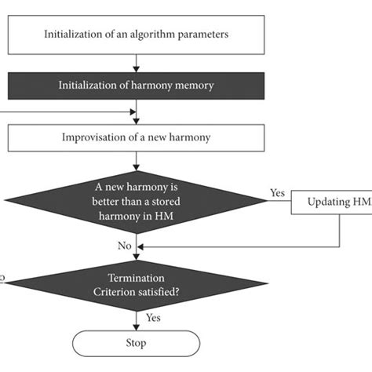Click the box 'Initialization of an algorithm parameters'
point(137,34)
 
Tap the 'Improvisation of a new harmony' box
point(137,137)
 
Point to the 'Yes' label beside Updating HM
point(276,191)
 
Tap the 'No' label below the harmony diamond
point(125,246)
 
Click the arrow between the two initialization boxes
point(137,60)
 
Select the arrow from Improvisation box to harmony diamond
point(137,162)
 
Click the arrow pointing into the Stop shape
point(137,320)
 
